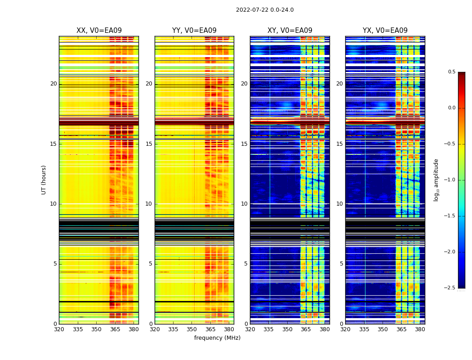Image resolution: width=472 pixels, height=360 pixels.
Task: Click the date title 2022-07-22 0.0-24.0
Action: tap(265, 10)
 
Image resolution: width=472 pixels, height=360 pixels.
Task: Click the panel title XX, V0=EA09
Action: tap(99, 31)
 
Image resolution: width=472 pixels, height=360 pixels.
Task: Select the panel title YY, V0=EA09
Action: tap(194, 31)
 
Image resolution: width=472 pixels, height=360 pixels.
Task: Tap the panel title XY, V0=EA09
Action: tap(289, 31)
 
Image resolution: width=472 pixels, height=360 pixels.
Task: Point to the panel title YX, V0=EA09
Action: tap(385, 31)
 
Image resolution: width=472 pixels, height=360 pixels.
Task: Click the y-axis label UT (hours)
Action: tap(44, 180)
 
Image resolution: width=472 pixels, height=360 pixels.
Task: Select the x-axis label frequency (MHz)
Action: tap(217, 338)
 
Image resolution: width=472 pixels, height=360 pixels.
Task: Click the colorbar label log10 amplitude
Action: tap(436, 180)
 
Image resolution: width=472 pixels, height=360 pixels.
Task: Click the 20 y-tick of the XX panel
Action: tap(53, 84)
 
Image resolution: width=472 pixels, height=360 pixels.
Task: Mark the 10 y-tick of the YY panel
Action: tap(149, 204)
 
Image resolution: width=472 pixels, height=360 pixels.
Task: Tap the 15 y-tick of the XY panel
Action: tap(244, 144)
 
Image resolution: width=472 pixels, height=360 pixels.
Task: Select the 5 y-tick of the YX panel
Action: tap(341, 264)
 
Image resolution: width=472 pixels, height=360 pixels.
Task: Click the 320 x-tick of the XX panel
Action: tap(59, 329)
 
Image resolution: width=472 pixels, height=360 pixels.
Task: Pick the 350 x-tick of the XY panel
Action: tap(287, 329)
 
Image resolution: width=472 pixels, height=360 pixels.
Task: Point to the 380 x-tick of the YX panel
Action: tap(420, 329)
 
